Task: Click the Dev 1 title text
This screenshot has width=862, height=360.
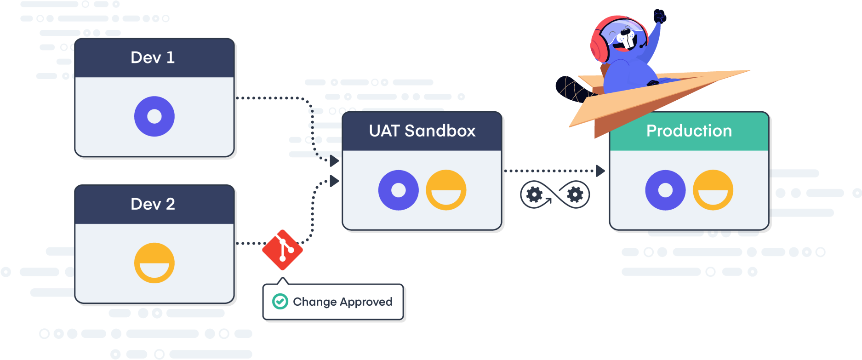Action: (x=153, y=57)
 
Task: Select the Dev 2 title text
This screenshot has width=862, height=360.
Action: (x=153, y=204)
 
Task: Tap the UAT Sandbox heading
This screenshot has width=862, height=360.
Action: (x=422, y=131)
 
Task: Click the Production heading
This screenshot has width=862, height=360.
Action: (x=689, y=131)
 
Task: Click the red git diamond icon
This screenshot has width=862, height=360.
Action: (x=282, y=250)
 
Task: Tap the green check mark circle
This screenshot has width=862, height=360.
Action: (x=280, y=302)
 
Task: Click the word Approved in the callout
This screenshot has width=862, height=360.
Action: (x=366, y=303)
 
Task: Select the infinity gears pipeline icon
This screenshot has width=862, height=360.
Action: (x=554, y=194)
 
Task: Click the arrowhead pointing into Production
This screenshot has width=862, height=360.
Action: (x=600, y=171)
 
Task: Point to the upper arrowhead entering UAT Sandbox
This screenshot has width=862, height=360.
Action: (x=334, y=161)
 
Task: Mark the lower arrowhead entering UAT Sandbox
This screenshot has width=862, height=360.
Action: (x=334, y=181)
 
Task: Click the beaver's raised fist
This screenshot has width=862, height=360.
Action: (x=660, y=16)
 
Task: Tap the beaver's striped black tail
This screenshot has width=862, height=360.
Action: (x=572, y=89)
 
